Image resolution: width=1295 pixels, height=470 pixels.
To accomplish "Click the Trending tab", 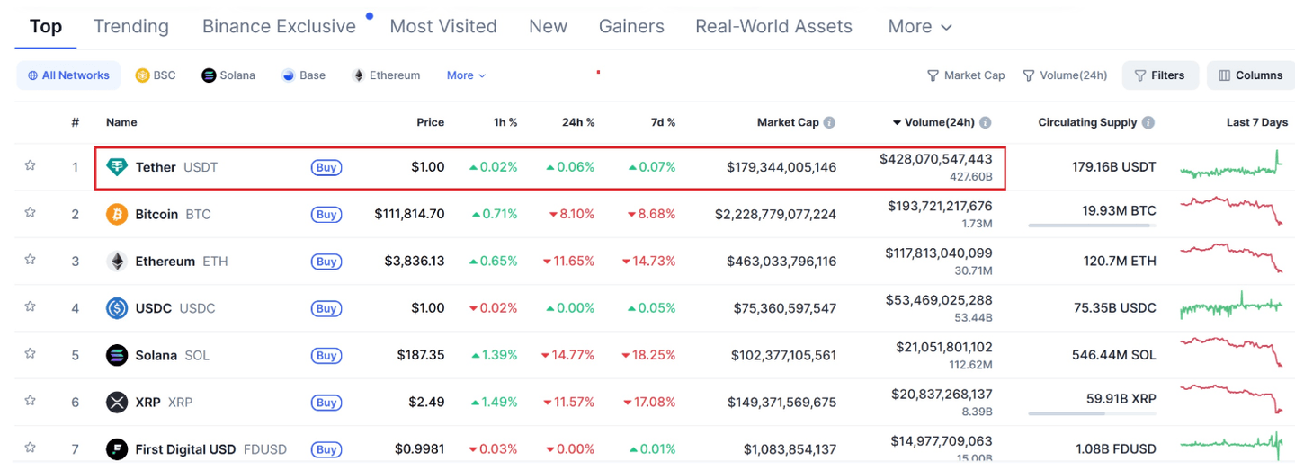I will pos(130,27).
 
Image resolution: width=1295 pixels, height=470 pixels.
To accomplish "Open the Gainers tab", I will pos(631,27).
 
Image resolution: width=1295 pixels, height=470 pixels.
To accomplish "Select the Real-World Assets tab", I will pos(773,27).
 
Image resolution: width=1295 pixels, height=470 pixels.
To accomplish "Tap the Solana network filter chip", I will pos(228,75).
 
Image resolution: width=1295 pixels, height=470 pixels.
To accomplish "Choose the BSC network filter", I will pos(156,75).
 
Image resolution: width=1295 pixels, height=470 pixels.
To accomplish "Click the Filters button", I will pos(1159,75).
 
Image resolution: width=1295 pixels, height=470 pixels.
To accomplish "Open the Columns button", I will pos(1250,75).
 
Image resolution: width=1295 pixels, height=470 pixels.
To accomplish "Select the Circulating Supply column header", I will pos(1087,122).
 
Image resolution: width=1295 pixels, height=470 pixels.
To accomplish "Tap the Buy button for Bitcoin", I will pos(326,215).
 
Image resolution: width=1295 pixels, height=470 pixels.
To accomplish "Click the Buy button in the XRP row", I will pos(326,403).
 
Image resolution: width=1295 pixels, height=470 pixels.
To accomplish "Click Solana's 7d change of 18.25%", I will pos(649,355).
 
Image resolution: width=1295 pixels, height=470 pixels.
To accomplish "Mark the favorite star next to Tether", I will pos(30,166).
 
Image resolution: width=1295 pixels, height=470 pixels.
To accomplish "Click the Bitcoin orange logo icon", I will pos(117,215).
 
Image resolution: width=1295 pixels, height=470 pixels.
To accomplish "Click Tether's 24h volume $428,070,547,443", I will pos(935,159).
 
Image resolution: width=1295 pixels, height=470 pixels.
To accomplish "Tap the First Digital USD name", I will pos(185,449).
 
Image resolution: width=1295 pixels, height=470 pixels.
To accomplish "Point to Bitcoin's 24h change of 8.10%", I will pos(572,215).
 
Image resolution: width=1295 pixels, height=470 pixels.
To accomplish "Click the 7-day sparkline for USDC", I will pos(1231,307).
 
